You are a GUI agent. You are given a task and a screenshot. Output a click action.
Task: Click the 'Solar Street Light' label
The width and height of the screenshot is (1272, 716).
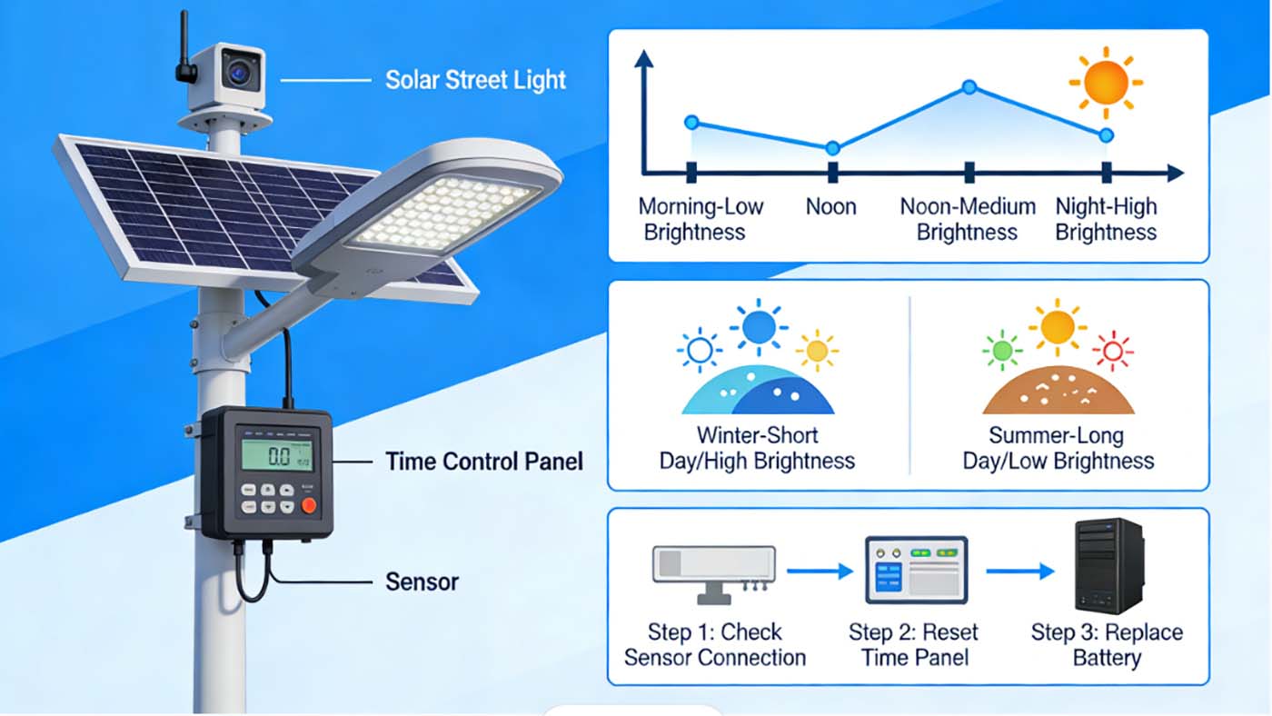tap(475, 80)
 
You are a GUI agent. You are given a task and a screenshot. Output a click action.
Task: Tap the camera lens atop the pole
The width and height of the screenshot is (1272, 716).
tap(240, 72)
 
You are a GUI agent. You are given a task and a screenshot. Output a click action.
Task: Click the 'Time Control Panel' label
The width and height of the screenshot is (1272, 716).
tap(484, 462)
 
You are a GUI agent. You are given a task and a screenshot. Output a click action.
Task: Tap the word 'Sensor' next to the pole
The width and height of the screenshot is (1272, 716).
tap(422, 582)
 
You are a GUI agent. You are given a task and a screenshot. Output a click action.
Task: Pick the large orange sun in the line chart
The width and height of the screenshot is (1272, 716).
tap(1105, 83)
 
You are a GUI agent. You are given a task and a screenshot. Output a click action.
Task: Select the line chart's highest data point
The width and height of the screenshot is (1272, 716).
tap(969, 87)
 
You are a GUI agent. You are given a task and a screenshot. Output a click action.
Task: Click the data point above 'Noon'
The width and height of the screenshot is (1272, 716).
tap(832, 148)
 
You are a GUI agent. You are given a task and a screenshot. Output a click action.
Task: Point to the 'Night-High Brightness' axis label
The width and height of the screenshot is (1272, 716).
tap(1106, 219)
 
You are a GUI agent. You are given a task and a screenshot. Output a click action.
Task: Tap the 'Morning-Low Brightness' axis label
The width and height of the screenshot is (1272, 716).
tap(701, 219)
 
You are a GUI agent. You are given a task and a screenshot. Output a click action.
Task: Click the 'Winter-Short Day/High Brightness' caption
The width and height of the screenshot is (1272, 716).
tap(757, 448)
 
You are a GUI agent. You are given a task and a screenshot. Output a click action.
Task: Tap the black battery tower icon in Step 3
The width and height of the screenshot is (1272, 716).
tap(1108, 566)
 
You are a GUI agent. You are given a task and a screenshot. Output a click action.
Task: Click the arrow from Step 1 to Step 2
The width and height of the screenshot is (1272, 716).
tap(819, 572)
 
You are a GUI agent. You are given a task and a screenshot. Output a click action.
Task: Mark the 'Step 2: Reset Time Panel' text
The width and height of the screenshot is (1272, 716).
tap(913, 644)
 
